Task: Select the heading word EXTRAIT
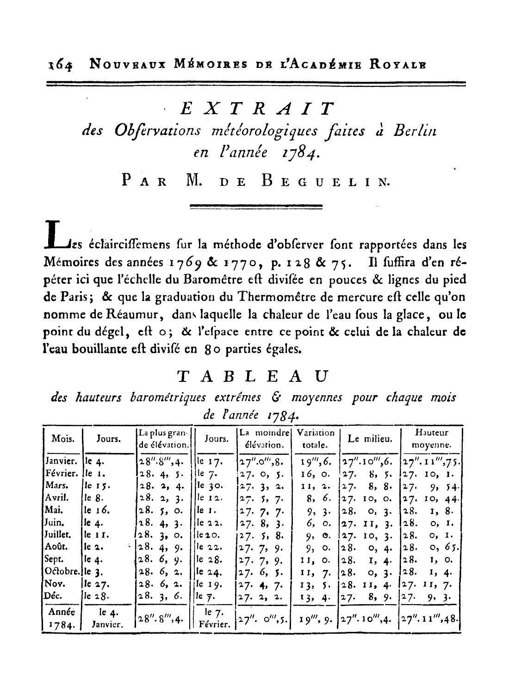click(x=257, y=108)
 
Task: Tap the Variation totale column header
click(x=316, y=439)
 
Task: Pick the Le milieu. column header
click(x=370, y=439)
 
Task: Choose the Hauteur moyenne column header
click(x=431, y=439)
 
